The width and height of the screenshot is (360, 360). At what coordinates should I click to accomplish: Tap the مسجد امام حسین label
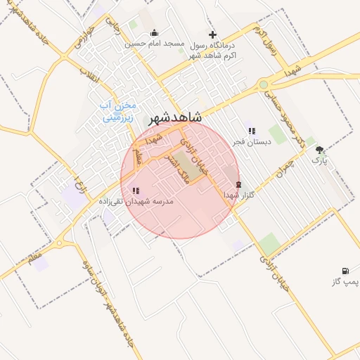[x=155, y=44]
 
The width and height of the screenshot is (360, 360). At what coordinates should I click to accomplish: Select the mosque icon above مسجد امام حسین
[x=155, y=33]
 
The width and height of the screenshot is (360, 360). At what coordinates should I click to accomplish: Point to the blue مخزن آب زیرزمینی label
[x=117, y=112]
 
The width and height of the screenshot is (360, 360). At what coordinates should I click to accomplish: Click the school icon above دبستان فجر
[x=252, y=131]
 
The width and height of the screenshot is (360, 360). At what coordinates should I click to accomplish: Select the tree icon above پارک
[x=320, y=150]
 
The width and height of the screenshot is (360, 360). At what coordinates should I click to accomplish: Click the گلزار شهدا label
[x=238, y=194]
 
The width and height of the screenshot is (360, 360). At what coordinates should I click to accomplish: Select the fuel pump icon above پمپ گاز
[x=345, y=271]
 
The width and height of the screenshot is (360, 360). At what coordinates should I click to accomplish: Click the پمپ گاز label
[x=345, y=282]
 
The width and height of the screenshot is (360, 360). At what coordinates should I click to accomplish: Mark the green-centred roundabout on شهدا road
[x=264, y=84]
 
